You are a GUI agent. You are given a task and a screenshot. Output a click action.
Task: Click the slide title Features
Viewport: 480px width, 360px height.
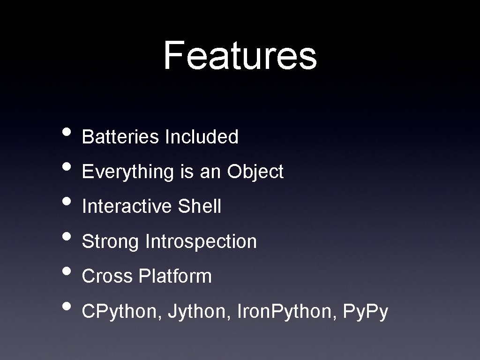coord(240,55)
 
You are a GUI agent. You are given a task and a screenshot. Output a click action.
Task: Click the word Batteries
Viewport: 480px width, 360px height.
coord(120,137)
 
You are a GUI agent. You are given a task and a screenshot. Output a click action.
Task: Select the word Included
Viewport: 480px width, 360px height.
coord(202,137)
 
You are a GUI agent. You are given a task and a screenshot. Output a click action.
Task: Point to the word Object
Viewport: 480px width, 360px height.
coord(255,172)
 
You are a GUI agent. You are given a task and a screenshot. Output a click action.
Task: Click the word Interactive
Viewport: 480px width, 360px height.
coord(127,207)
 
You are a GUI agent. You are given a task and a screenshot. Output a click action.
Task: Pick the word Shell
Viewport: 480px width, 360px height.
coord(200,207)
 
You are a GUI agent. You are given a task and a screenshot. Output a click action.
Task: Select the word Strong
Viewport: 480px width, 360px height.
coord(110,242)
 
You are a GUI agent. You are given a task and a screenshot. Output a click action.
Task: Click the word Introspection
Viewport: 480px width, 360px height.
coord(201,242)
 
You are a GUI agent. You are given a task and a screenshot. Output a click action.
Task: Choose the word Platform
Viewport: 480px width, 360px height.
coord(175,277)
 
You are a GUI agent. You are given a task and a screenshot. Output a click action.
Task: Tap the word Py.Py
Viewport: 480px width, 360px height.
coord(366,312)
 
